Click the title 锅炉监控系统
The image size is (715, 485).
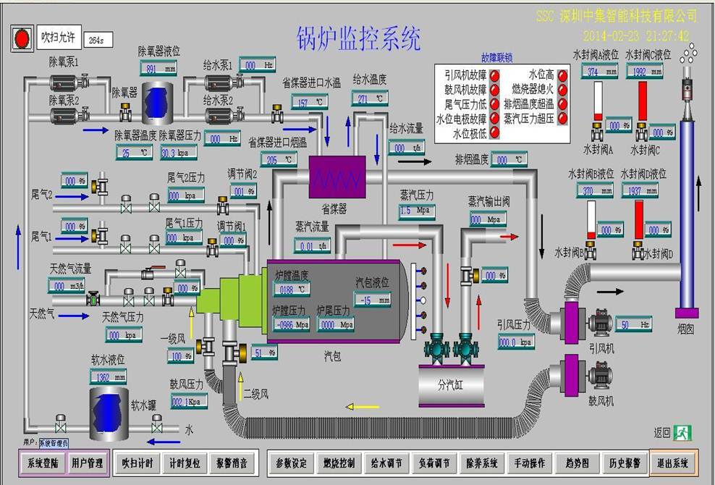(358, 38)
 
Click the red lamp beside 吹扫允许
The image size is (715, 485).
(22, 38)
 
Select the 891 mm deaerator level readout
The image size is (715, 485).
(158, 69)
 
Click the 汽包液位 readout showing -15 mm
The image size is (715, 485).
(372, 299)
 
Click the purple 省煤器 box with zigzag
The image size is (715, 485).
(337, 177)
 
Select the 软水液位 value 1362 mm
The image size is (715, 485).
(108, 376)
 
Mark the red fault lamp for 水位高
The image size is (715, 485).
(562, 75)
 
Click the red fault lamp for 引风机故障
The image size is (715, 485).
(494, 75)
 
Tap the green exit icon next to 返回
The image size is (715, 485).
(682, 433)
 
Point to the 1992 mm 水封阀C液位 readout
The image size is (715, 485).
(643, 71)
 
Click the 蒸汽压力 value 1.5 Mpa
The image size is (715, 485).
(416, 211)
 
